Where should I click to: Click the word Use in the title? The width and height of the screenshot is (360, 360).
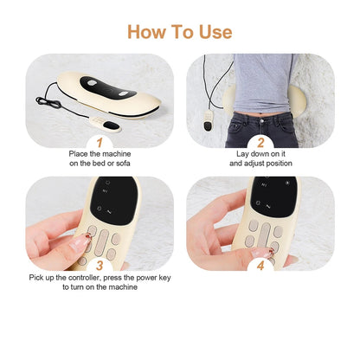pyautogui.click(x=213, y=32)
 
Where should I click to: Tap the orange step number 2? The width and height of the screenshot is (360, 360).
pyautogui.click(x=259, y=143)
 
